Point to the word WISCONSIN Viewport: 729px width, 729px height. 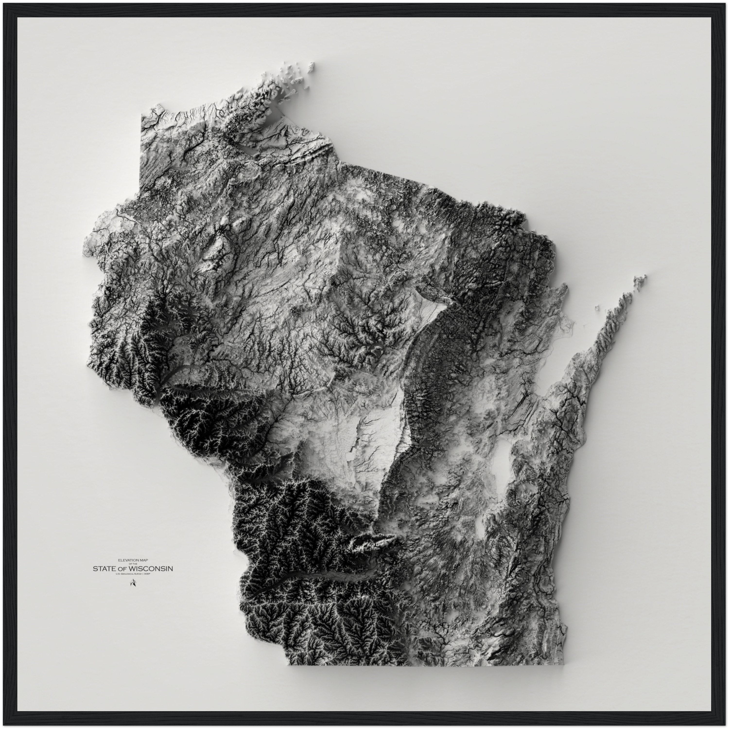[x=151, y=568]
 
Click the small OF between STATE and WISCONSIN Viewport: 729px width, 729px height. [x=124, y=569]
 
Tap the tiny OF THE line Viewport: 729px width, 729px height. [x=133, y=564]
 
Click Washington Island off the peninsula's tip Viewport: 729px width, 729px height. [x=640, y=281]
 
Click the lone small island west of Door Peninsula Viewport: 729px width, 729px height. [x=597, y=308]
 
